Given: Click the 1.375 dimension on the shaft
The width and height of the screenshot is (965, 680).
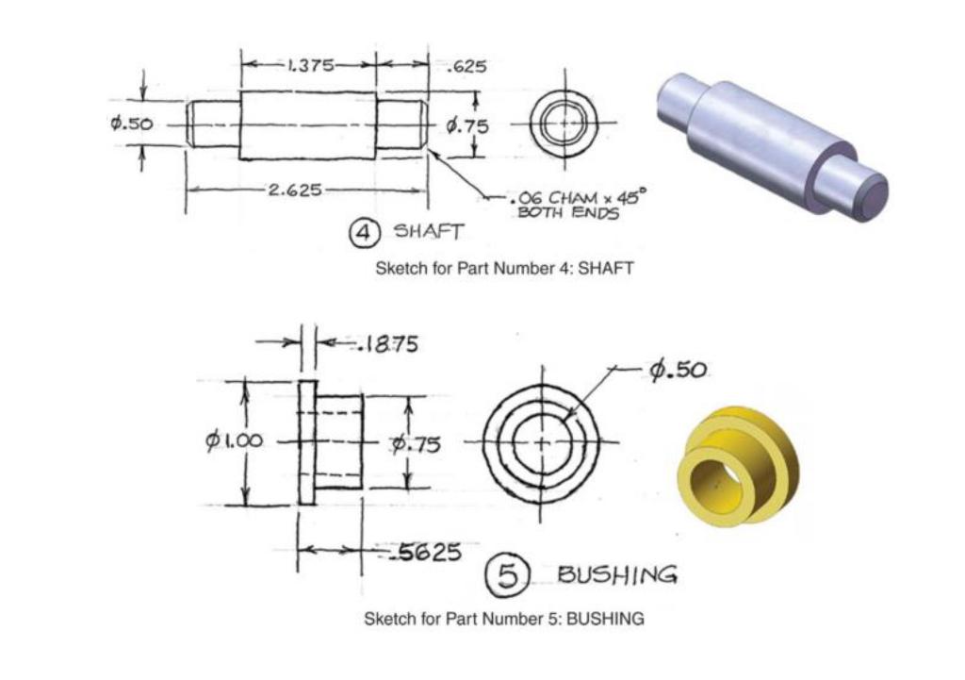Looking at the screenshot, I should [x=309, y=65].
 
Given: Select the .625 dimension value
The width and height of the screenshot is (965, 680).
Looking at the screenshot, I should [x=468, y=66].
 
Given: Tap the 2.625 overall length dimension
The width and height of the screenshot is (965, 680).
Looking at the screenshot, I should [x=295, y=190].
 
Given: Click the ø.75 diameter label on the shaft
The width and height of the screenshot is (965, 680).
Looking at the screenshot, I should [x=467, y=125].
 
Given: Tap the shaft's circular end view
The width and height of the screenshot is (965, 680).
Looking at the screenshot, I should [x=562, y=124].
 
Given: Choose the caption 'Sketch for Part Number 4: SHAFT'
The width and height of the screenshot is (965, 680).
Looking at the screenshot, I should [x=504, y=268].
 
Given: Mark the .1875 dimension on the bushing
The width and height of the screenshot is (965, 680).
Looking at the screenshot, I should [x=387, y=344].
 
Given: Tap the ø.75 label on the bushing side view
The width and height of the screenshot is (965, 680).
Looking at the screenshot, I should [x=416, y=442].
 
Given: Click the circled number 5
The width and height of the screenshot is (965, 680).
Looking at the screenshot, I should [x=507, y=574].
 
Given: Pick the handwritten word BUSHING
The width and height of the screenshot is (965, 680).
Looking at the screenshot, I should [x=616, y=573].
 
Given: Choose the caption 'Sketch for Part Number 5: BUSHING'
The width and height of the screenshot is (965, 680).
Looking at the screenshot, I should [x=504, y=620].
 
